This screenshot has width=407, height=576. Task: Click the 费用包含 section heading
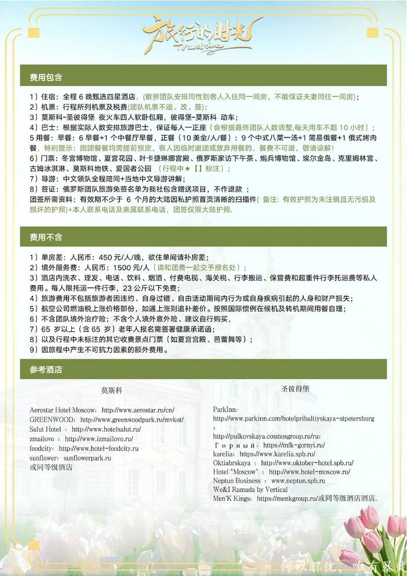(x=46, y=77)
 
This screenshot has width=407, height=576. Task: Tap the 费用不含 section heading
(x=46, y=237)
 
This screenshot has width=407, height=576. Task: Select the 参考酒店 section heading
(x=46, y=369)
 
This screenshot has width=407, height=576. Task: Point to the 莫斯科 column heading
(x=111, y=390)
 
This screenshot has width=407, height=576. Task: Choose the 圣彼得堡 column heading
(x=295, y=388)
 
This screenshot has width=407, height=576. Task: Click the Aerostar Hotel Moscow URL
(x=137, y=410)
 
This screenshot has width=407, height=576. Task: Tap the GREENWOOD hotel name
(x=52, y=419)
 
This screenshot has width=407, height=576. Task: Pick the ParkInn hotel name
(x=225, y=409)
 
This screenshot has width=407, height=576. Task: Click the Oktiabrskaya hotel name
(x=232, y=463)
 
